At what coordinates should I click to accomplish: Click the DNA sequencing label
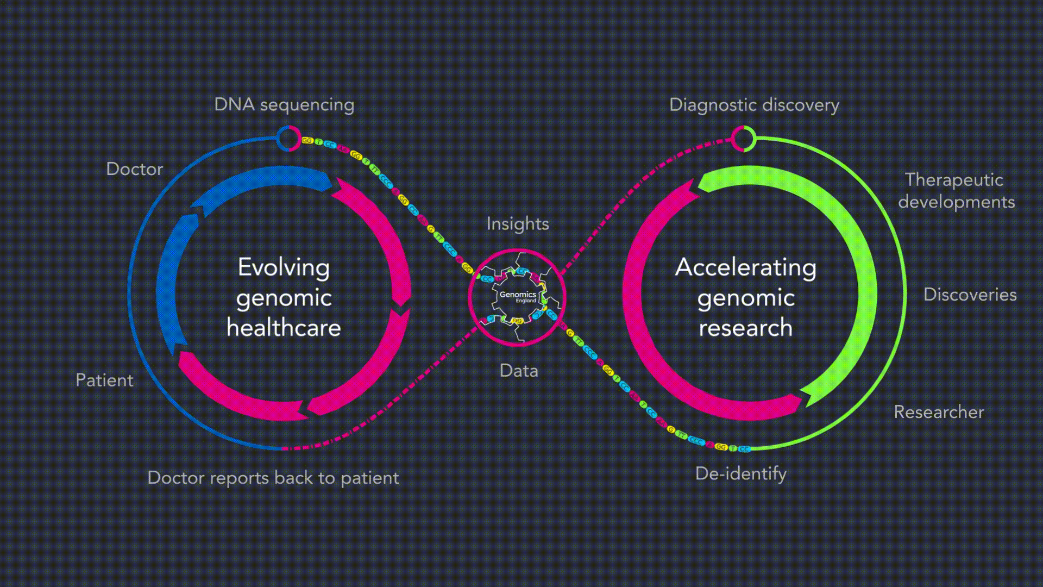coord(284,104)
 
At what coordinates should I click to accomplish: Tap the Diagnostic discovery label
coord(753,104)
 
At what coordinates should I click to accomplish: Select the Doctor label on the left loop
coord(134,169)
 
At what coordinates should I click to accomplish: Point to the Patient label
coord(104,380)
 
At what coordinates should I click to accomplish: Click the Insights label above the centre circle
coord(518,224)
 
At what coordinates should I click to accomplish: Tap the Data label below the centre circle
coord(519,371)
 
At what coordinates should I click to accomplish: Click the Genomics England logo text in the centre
coord(518,296)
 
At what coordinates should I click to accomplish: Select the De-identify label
coord(740,473)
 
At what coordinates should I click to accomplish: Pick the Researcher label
coord(939,412)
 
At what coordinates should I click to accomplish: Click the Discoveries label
coord(970,295)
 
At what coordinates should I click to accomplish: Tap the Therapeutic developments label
coord(956,191)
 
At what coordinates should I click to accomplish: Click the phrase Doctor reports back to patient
coord(273,478)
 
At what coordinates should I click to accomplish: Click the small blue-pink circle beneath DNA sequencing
coord(288,139)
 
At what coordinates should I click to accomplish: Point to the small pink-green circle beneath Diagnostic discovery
coord(743,138)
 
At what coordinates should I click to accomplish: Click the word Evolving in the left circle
coord(284,267)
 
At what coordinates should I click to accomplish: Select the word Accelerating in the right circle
coord(745,267)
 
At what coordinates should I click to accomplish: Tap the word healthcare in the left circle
coord(284,328)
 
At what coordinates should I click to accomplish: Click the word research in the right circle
coord(745,328)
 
